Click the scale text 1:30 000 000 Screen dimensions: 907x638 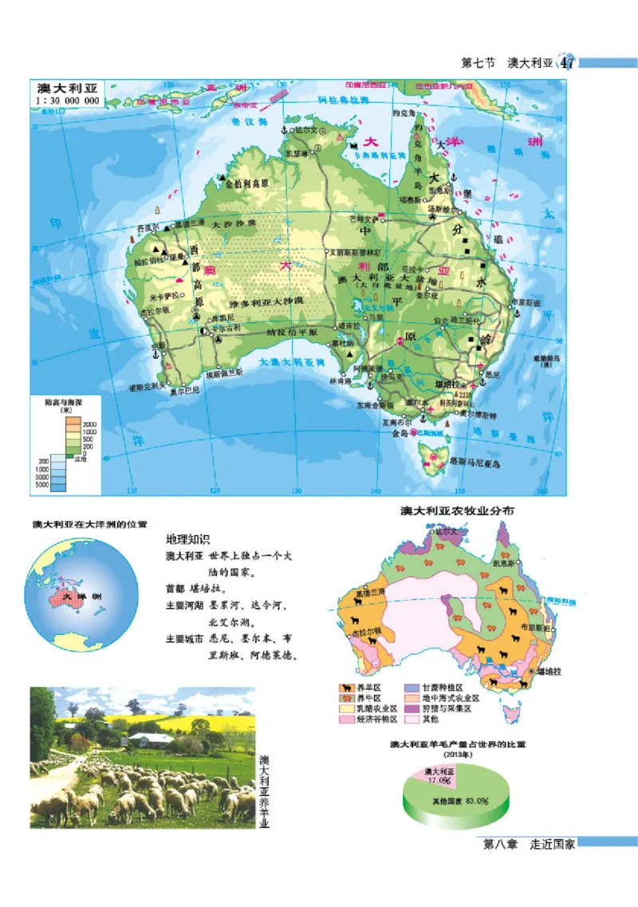(x=68, y=101)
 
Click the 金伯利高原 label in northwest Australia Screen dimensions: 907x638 (x=247, y=183)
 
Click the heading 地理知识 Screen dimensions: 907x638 (x=187, y=538)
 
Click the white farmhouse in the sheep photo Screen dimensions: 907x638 (x=149, y=740)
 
